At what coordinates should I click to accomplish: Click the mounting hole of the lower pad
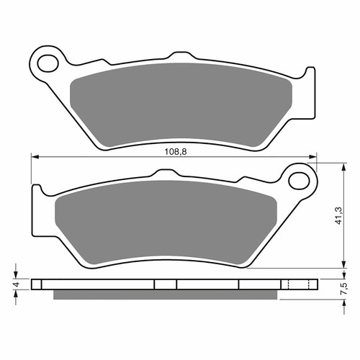tap(297, 176)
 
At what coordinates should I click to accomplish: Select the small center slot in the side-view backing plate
tap(165, 284)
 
